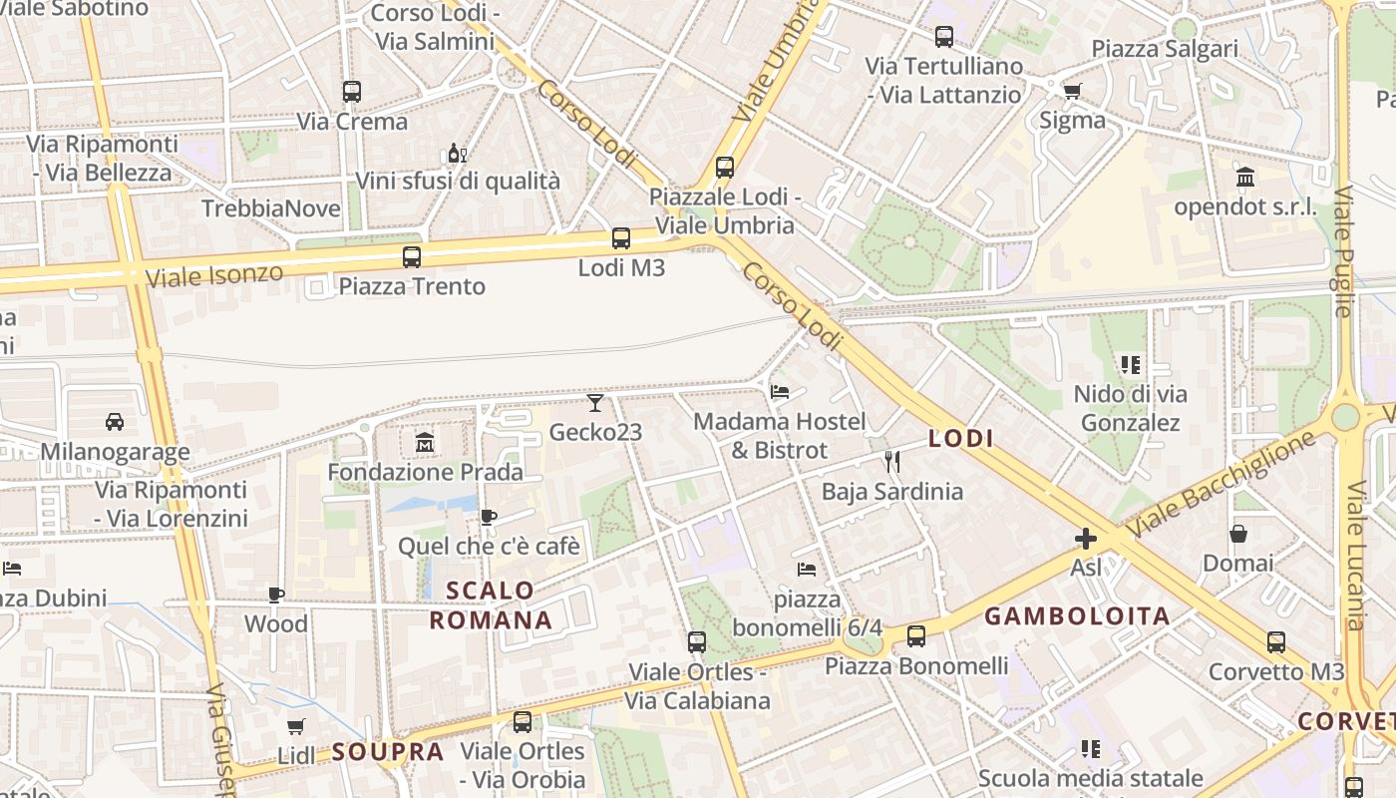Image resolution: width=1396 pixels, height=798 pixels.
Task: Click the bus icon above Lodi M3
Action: [x=620, y=238]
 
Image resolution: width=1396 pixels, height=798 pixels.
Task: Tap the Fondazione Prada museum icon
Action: [x=425, y=442]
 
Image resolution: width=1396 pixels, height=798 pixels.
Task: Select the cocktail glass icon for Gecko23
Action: [x=595, y=402]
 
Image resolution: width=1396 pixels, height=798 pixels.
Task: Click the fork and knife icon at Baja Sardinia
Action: [x=892, y=461]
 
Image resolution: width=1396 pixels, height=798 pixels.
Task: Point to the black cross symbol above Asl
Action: [x=1086, y=539]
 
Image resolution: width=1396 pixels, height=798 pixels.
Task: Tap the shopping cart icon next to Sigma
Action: [x=1072, y=92]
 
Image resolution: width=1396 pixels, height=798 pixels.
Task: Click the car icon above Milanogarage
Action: [x=115, y=422]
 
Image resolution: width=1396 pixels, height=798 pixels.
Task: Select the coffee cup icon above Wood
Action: [x=276, y=595]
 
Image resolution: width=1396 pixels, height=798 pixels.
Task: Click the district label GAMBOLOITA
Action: [x=1077, y=616]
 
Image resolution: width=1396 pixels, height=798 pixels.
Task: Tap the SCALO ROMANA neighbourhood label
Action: [x=491, y=605]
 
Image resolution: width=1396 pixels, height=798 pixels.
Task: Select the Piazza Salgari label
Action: [x=1164, y=49]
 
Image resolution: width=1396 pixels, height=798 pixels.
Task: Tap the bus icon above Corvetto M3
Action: [x=1276, y=642]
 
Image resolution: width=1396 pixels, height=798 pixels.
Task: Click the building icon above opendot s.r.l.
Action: [x=1245, y=178]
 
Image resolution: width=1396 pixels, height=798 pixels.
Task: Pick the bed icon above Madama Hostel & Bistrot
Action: [x=780, y=392]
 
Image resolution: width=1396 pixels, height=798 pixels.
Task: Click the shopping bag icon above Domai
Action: [x=1237, y=534]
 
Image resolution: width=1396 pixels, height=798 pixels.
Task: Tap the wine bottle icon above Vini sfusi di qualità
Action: [x=457, y=153]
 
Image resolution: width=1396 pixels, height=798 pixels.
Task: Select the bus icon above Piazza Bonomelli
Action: [x=915, y=635]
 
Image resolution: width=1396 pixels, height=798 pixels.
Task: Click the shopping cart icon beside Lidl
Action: [x=295, y=726]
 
